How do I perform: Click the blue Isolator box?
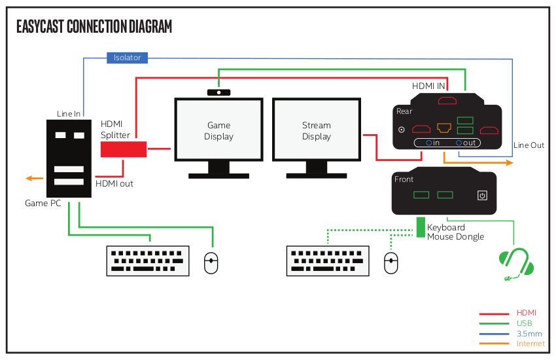[127, 58]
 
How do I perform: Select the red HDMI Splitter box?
[123, 149]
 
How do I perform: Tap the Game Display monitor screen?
[218, 130]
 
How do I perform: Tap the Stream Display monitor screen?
[317, 130]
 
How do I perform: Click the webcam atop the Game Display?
[218, 92]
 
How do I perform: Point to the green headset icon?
[516, 264]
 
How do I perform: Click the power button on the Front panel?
[482, 195]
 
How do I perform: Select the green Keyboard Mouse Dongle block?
[421, 227]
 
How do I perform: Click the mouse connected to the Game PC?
[211, 263]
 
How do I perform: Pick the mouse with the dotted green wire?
[391, 263]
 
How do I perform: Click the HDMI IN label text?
[429, 86]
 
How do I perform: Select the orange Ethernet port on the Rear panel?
[445, 128]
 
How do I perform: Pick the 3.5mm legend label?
[529, 334]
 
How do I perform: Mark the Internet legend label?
[530, 344]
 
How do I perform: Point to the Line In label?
[69, 114]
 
